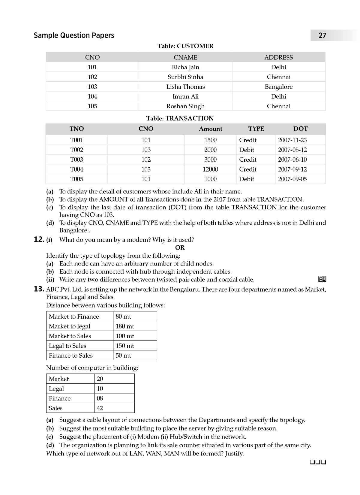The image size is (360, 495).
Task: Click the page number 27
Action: click(x=322, y=35)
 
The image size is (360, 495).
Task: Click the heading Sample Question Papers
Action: click(x=74, y=35)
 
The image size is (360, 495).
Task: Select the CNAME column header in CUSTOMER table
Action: click(x=185, y=57)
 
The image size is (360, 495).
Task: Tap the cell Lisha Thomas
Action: click(x=185, y=87)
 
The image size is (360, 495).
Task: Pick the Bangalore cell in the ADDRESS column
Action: click(x=278, y=87)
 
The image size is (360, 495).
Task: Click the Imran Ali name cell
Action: click(x=185, y=96)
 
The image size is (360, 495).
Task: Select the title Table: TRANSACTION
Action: click(x=180, y=118)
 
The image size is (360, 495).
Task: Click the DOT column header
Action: click(x=300, y=129)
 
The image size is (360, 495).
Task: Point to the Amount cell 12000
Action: click(x=210, y=169)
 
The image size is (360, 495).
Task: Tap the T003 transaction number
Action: click(x=76, y=160)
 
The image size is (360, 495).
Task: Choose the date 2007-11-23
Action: click(x=292, y=140)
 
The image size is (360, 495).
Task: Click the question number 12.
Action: click(x=39, y=239)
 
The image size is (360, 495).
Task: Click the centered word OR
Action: click(x=180, y=247)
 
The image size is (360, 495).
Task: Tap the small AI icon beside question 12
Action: click(x=322, y=279)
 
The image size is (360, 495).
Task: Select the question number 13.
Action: click(x=39, y=289)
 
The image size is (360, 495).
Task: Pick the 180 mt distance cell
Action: click(x=125, y=326)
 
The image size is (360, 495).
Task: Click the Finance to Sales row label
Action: click(x=71, y=355)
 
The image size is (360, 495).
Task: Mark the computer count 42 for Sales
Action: click(x=100, y=408)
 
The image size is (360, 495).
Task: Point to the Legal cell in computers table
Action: click(x=56, y=389)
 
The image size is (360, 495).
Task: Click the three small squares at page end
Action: click(x=318, y=462)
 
